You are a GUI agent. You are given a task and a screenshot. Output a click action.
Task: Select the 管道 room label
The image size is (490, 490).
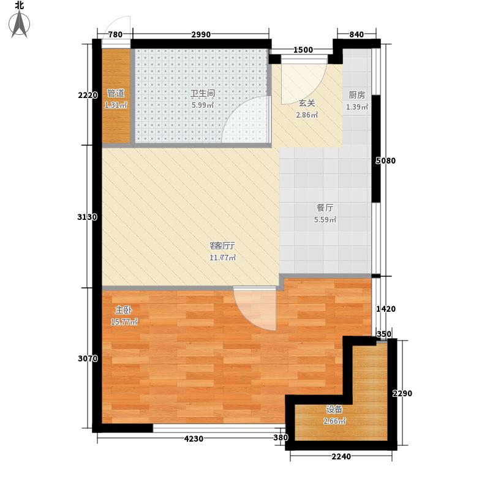(116, 94)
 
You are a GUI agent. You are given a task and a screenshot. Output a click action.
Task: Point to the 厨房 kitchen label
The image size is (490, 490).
(356, 95)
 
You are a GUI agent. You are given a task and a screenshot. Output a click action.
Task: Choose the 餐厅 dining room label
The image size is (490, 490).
(325, 208)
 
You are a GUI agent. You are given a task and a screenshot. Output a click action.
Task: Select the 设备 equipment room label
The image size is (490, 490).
(334, 410)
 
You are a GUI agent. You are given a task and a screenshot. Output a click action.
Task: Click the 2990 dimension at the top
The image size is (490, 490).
(200, 34)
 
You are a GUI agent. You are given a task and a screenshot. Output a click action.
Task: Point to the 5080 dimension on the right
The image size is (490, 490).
(386, 161)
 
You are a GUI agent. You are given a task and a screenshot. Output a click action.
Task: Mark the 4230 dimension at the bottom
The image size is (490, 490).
(192, 439)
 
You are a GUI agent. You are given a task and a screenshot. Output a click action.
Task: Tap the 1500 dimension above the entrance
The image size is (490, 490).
(303, 50)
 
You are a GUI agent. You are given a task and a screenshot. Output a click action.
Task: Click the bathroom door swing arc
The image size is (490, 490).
(245, 119)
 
